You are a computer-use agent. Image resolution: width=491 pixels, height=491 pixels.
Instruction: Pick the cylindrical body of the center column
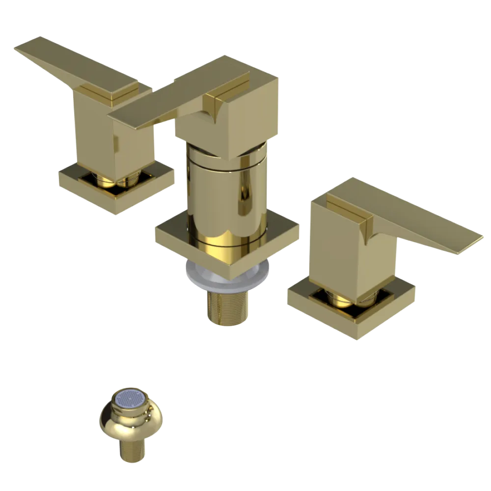tap(226, 196)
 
